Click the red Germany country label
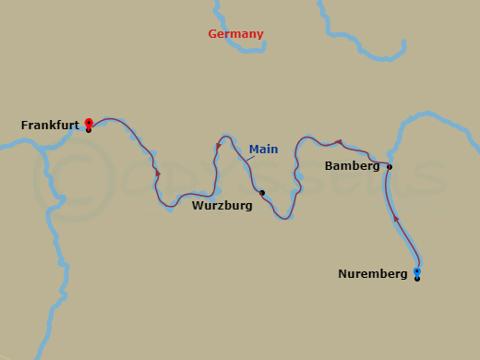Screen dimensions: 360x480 pos(235,34)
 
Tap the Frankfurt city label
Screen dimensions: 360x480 pos(50,125)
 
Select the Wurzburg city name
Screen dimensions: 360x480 pos(222,206)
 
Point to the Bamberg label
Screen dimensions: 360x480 pos(352,166)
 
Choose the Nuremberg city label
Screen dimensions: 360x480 pos(372,274)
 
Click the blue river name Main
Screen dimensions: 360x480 pos(263,149)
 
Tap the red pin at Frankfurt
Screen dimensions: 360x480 pos(89,122)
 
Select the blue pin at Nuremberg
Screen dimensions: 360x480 pos(417,271)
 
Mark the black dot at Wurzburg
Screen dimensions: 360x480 pos(262,193)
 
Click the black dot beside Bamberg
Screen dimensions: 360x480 pos(390,167)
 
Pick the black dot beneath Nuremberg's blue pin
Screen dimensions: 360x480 pos(417,279)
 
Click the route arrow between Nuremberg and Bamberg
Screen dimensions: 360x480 pos(396,219)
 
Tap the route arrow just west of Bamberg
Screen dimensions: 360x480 pos(340,142)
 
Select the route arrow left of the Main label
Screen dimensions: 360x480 pos(219,145)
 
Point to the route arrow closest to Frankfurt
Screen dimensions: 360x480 pos(158,174)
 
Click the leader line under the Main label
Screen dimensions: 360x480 pos(250,160)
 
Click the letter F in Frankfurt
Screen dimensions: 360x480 pos(24,125)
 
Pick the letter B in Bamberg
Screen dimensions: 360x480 pos(330,166)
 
